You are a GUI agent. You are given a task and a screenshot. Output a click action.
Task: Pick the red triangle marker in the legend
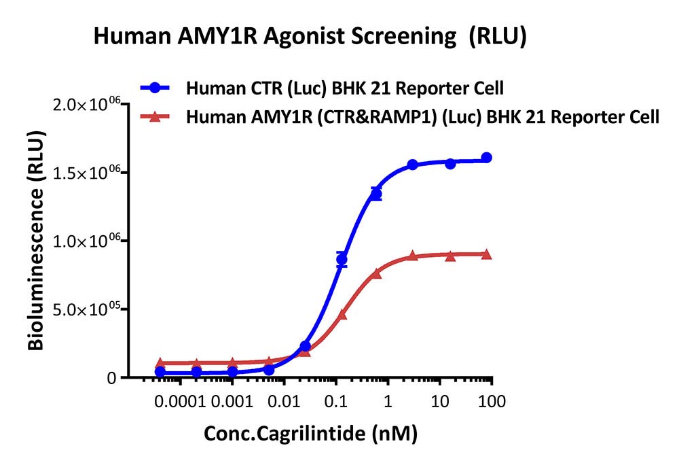[155, 116]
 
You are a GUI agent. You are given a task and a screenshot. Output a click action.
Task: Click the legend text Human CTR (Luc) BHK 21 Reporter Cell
[345, 88]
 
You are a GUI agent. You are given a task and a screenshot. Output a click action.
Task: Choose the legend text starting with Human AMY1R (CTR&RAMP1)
[422, 117]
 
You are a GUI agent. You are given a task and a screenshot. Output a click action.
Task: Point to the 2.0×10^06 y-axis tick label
[86, 104]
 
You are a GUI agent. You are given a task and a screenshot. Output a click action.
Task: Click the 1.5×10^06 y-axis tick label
[86, 173]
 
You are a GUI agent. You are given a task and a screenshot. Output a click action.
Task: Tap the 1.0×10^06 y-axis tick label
[86, 241]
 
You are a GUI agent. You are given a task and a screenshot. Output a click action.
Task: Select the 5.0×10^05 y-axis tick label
[86, 309]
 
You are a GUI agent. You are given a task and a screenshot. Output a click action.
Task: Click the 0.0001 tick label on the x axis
[180, 401]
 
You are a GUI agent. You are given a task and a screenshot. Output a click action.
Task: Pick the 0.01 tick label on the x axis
[284, 401]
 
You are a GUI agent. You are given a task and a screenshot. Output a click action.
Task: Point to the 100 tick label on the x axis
[492, 401]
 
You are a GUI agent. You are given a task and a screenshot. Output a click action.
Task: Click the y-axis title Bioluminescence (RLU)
[36, 241]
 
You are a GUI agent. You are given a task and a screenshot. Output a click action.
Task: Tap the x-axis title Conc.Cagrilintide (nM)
[310, 433]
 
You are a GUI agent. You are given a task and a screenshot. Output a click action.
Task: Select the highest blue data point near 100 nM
[486, 157]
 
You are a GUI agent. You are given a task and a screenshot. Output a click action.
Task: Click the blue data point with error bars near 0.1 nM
[342, 259]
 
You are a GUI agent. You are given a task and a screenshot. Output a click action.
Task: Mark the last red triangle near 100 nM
[486, 254]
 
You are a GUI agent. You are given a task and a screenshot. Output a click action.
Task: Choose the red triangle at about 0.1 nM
[342, 314]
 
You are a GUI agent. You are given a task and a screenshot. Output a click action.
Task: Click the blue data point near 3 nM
[412, 165]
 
